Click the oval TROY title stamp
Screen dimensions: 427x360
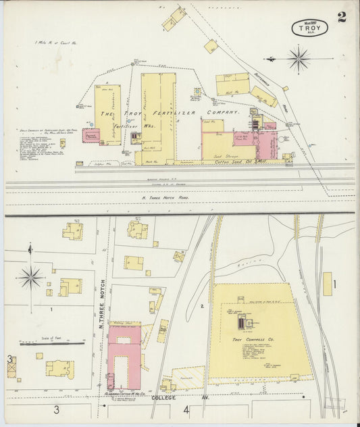click(310, 28)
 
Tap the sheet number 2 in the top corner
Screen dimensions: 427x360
click(342, 17)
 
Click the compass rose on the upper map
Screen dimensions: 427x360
click(297, 59)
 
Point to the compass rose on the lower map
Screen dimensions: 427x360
click(30, 276)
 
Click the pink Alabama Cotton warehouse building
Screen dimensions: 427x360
click(124, 357)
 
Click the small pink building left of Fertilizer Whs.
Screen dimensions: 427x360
click(91, 135)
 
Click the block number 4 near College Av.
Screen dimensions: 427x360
click(186, 409)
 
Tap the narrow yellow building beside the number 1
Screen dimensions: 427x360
click(328, 284)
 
